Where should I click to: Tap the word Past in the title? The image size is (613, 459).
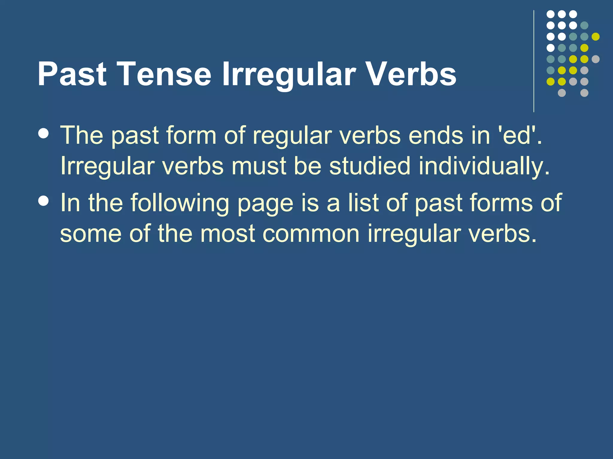pos(72,74)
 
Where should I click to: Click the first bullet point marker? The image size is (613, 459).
pos(44,134)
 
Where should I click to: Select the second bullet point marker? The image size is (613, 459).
pos(44,201)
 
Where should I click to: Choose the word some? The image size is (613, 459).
pos(91,234)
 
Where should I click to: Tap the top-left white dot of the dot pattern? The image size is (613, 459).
pos(550,14)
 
